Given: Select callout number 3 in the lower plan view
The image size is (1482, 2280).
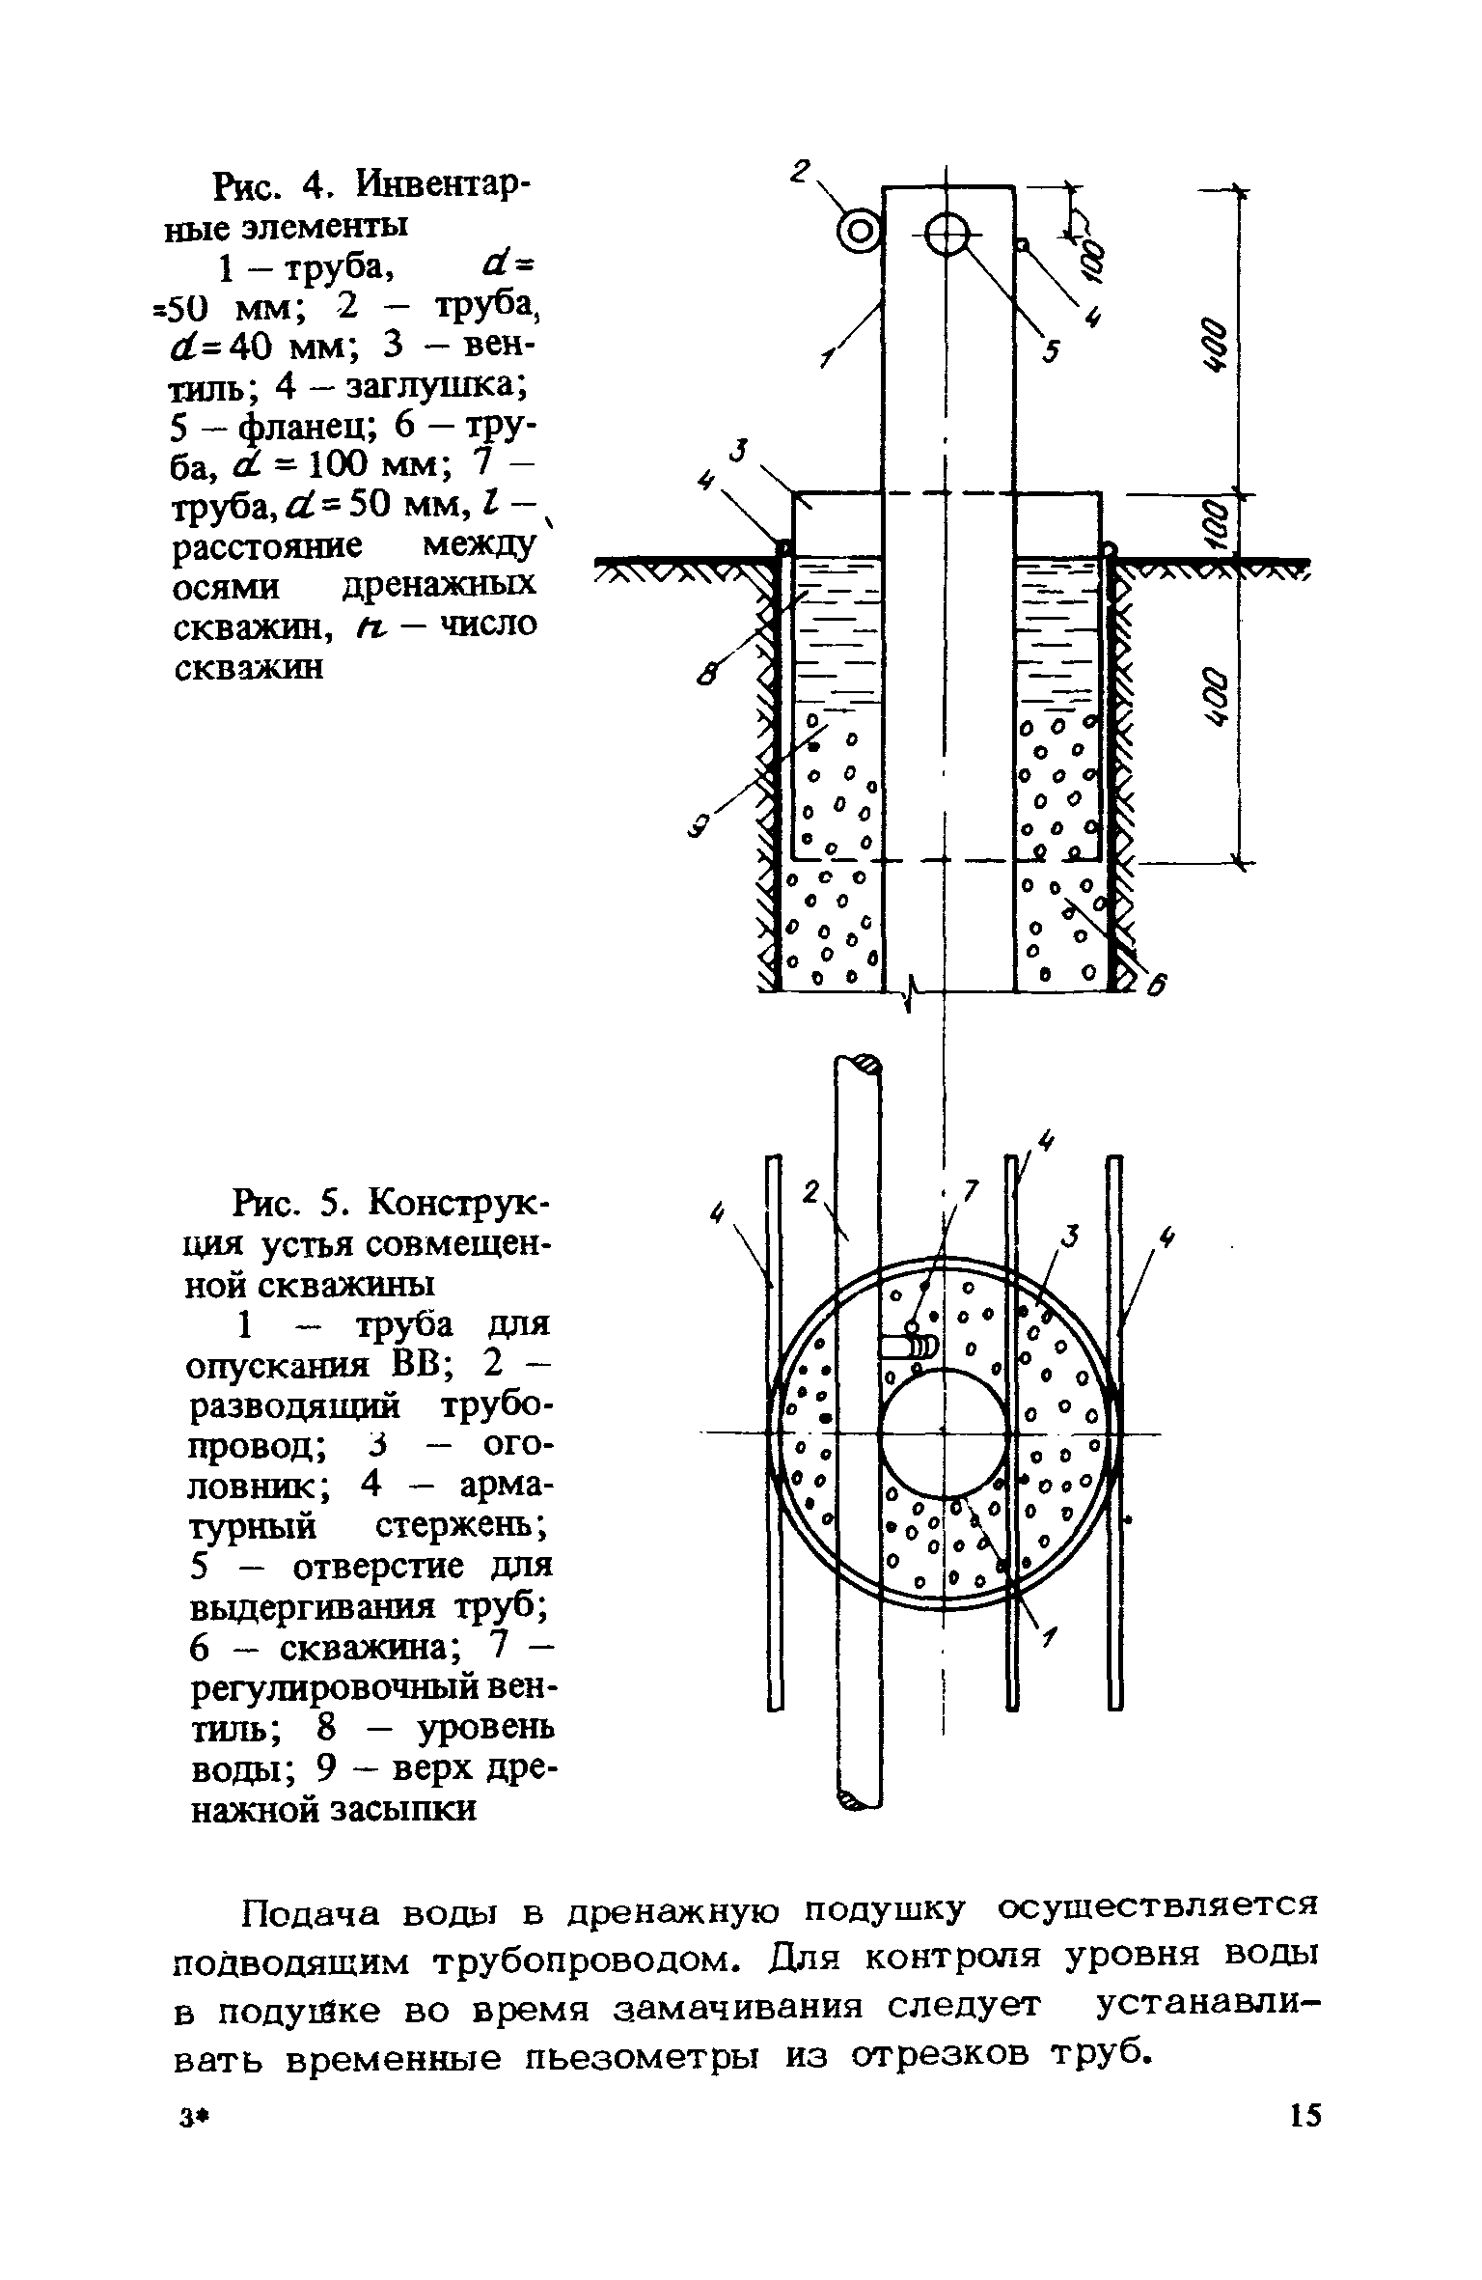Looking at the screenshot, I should pos(1070,1235).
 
